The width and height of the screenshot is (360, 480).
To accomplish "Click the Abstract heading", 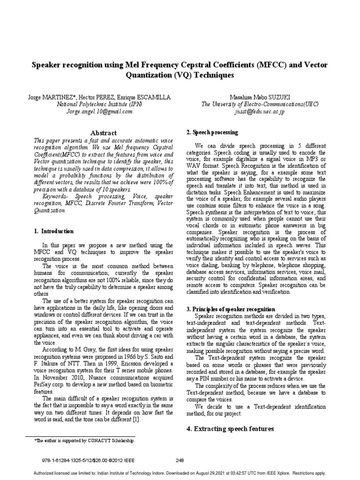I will (104, 133).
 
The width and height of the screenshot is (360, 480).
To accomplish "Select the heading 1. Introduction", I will (54, 231).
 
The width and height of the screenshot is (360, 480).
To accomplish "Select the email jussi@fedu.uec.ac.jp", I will (259, 112).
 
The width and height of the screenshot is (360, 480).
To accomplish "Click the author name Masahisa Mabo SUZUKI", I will (259, 97).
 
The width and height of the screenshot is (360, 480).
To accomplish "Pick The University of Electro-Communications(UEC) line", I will (259, 105).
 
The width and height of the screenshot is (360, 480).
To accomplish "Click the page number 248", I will (180, 460).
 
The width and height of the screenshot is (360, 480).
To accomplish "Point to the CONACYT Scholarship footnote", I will (85, 441).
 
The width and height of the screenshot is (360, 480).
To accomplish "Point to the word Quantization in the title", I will (149, 75).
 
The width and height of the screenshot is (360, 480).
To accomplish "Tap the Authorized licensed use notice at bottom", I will (180, 473).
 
